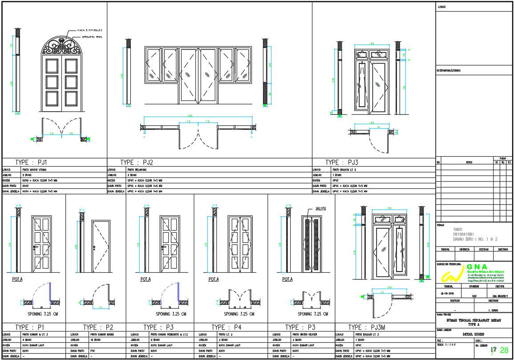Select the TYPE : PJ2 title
click(137, 162)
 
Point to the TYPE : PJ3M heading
click(367, 327)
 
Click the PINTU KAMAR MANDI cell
click(102, 334)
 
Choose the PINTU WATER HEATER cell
click(304, 334)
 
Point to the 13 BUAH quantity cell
click(96, 340)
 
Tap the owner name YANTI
click(458, 229)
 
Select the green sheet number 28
click(504, 350)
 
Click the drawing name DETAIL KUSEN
click(474, 334)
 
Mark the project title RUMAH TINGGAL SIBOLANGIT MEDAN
click(474, 320)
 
